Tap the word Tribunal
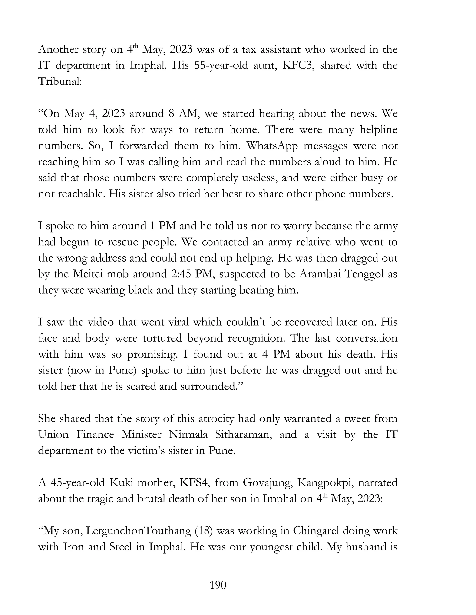point(59,81)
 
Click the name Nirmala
point(188,434)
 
